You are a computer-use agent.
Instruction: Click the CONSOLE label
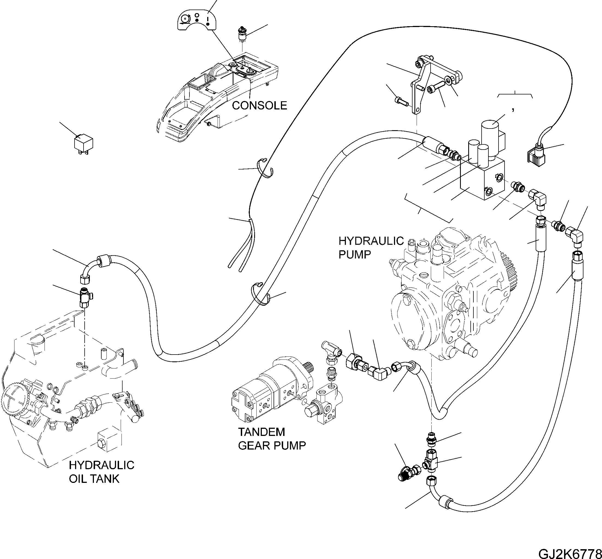click(259, 106)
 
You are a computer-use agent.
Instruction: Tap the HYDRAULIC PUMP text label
click(370, 248)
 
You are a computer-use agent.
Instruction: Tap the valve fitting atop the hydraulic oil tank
click(85, 298)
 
